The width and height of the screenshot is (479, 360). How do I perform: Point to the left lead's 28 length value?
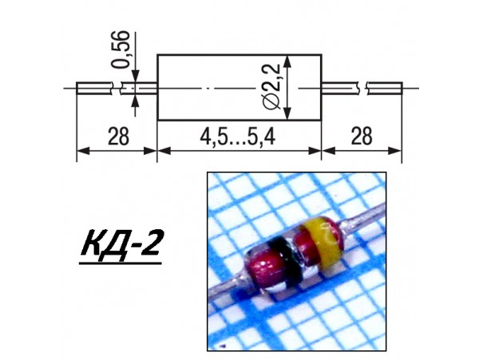(117, 136)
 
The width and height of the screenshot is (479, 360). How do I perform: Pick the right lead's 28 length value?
(361, 136)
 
